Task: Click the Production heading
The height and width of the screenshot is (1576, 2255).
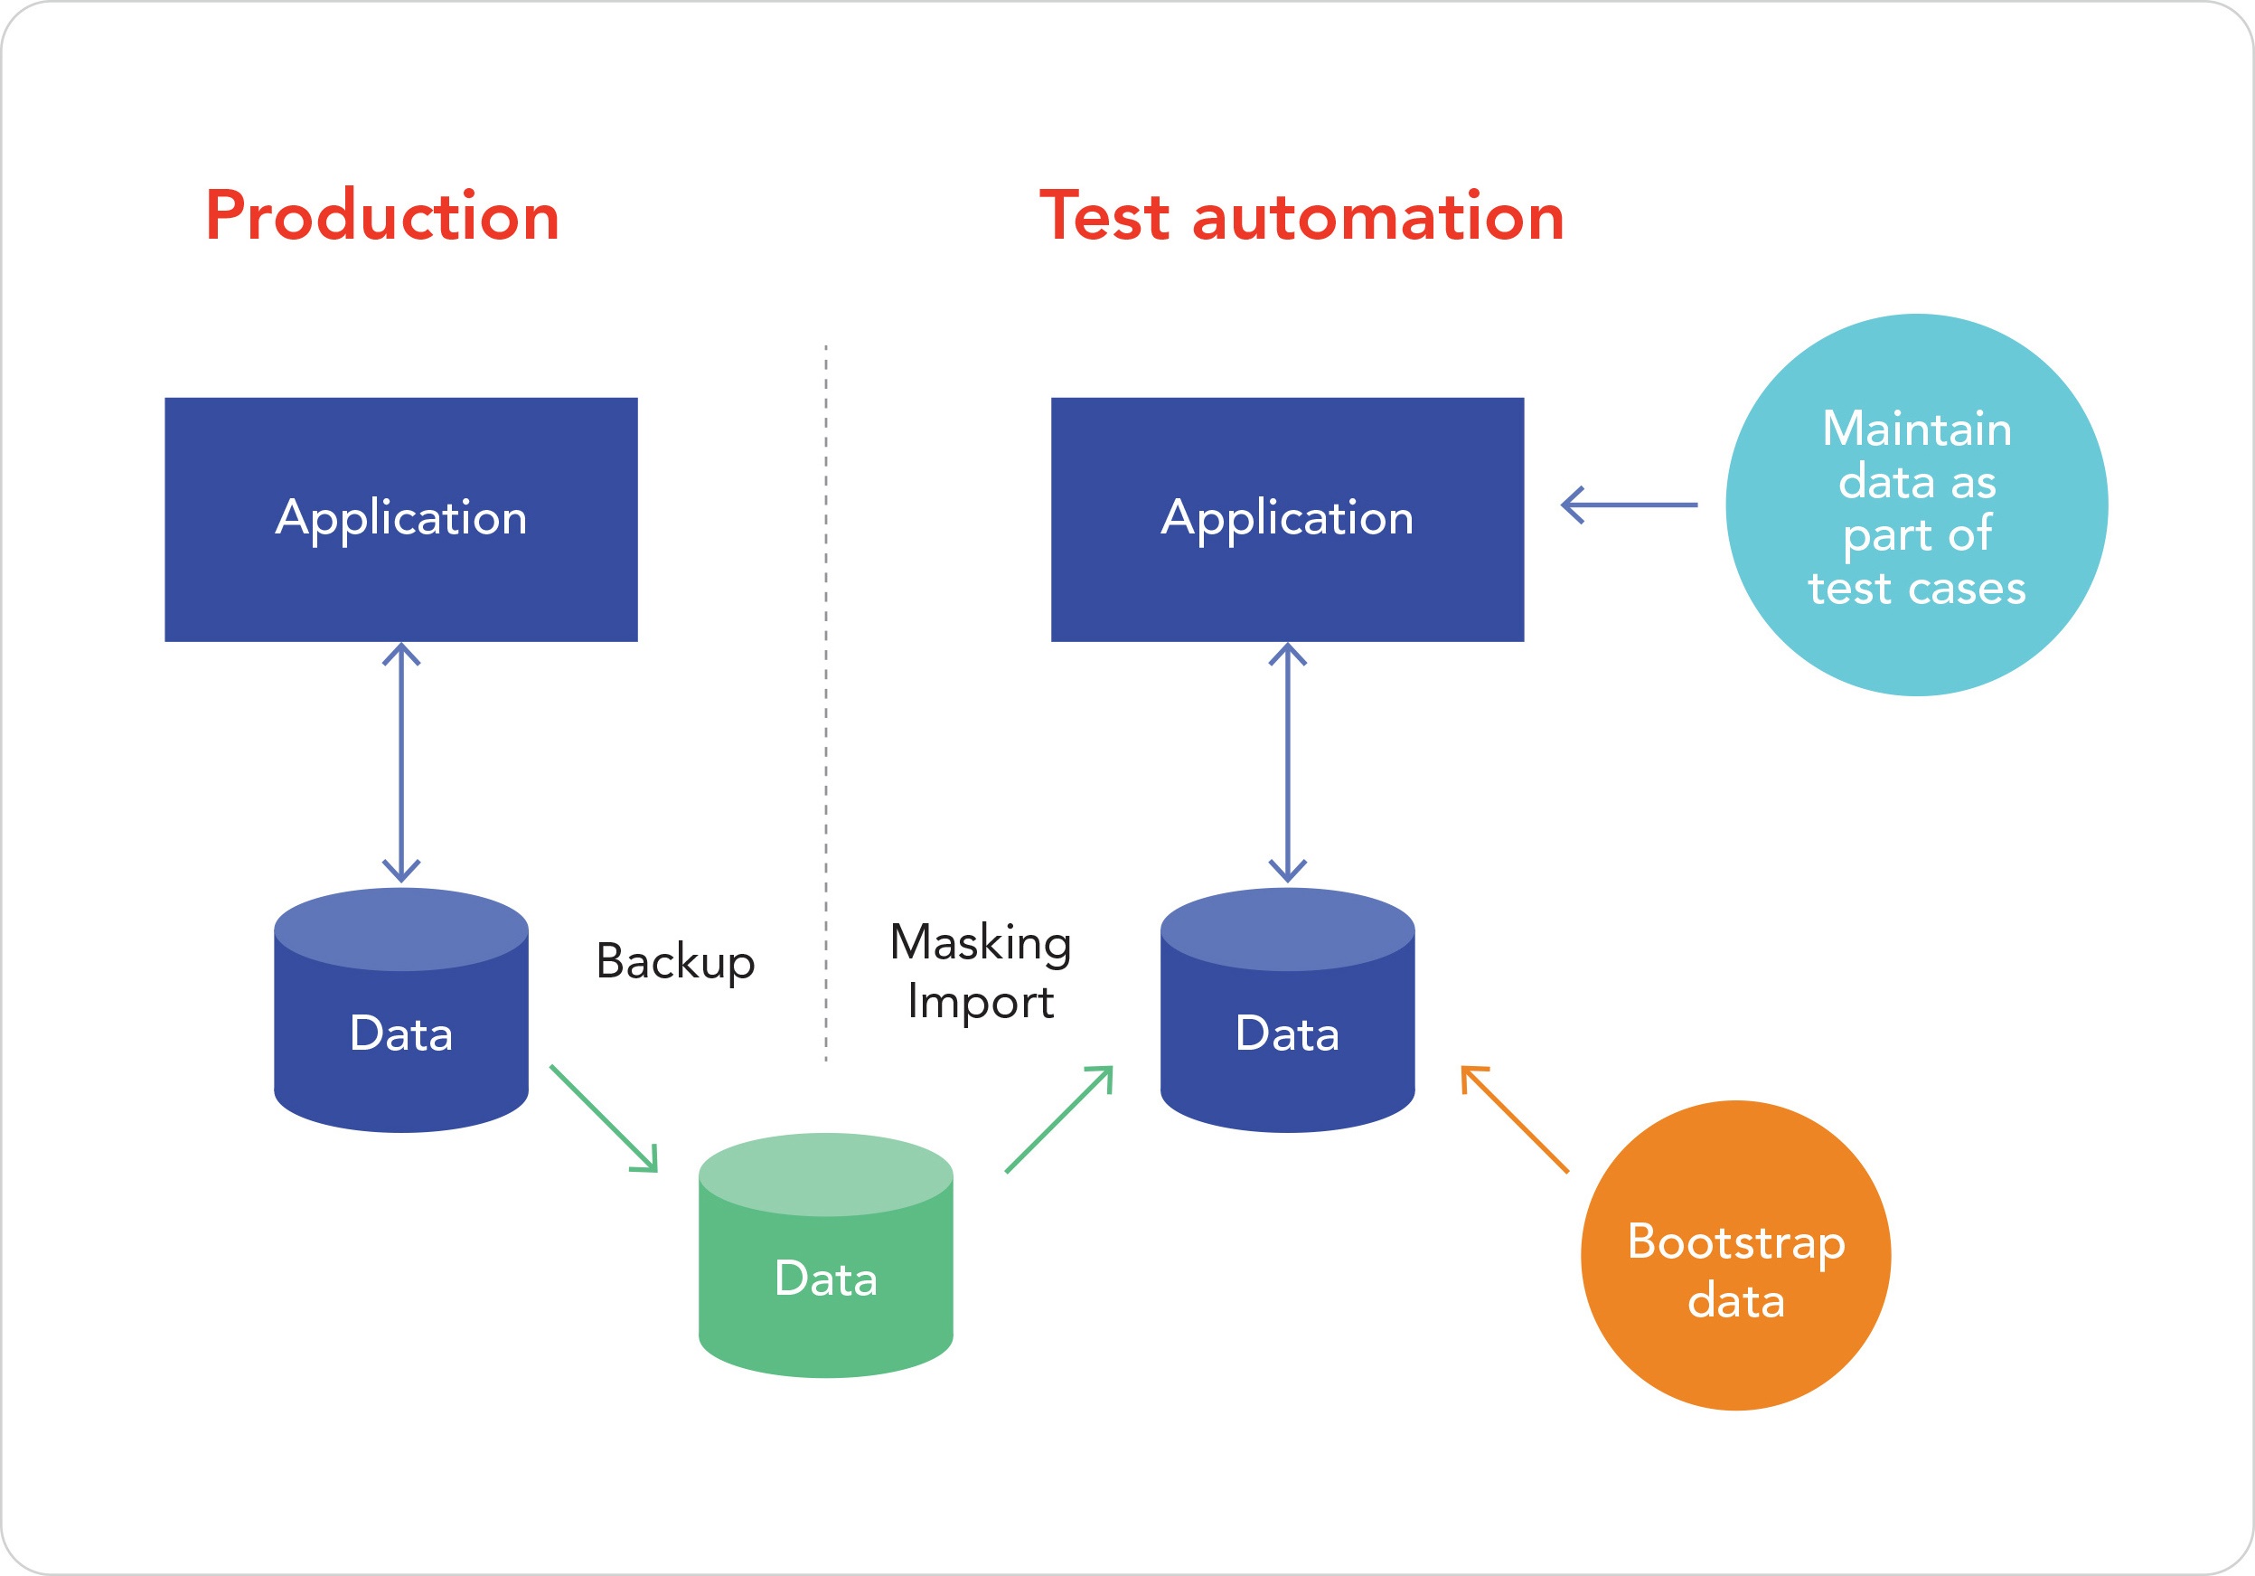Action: [382, 217]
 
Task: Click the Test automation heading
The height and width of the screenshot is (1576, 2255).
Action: [1301, 217]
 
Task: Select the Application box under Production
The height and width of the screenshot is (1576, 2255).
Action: [400, 519]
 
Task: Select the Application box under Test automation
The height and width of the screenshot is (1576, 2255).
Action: [1287, 519]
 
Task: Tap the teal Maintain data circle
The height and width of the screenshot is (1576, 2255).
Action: [1916, 505]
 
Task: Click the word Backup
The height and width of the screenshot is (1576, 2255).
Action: [676, 961]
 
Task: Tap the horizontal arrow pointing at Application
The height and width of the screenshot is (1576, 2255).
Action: [1630, 505]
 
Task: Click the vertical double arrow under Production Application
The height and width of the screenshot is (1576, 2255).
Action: [400, 762]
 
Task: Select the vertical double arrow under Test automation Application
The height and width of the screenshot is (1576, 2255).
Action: [1287, 762]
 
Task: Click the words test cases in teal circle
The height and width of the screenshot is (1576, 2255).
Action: [1916, 589]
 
